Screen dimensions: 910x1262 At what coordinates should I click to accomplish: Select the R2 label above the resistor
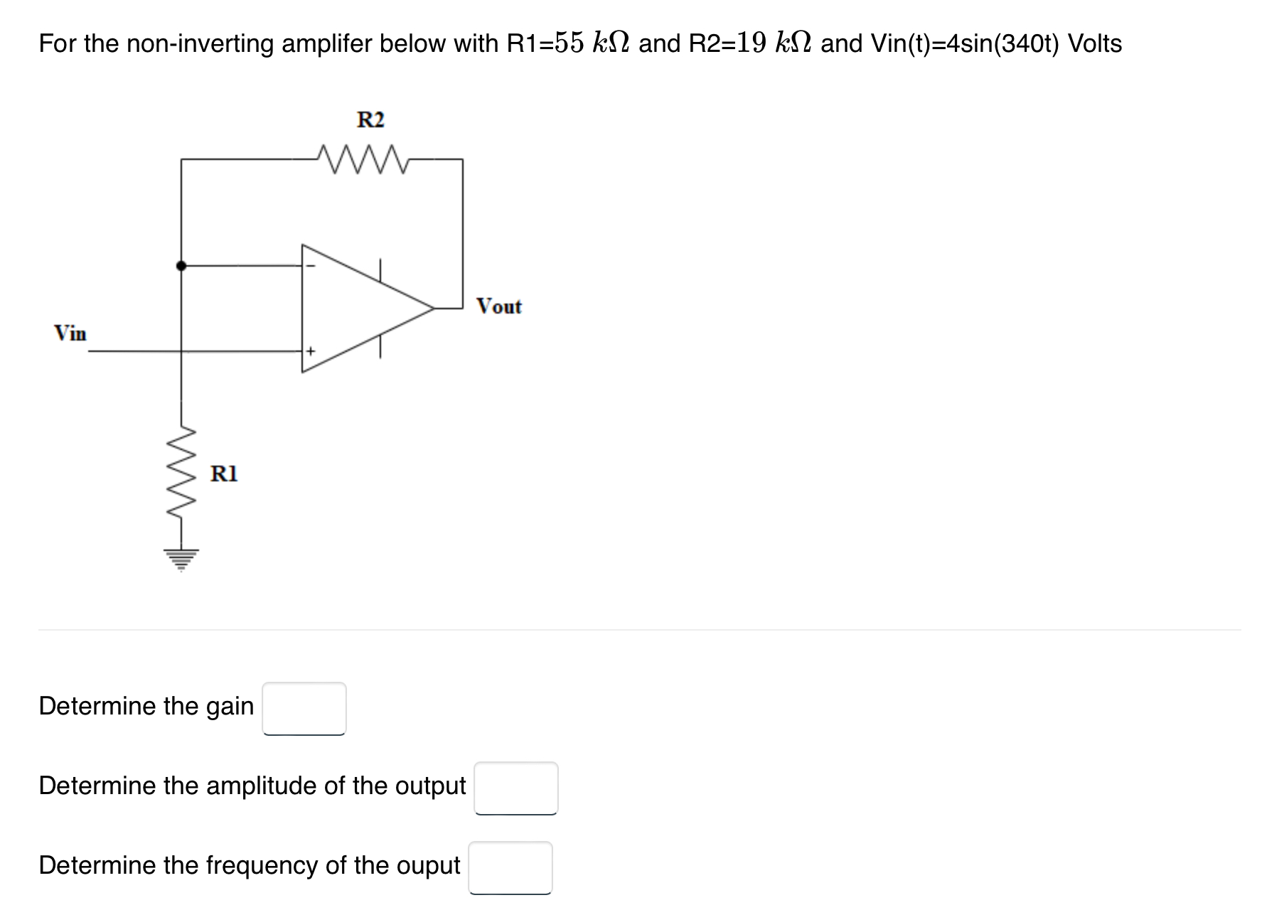coord(370,119)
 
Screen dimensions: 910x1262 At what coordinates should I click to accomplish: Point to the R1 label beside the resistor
coord(225,473)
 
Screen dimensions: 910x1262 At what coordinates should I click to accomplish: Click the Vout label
coord(499,306)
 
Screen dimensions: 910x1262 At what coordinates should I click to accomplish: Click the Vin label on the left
coord(70,333)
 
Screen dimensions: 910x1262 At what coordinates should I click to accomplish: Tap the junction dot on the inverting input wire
coord(181,265)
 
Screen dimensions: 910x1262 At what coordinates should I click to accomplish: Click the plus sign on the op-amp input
coord(310,351)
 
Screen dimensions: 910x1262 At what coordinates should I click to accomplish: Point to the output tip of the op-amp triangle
coord(432,309)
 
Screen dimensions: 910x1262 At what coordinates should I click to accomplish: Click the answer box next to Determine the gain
coord(304,708)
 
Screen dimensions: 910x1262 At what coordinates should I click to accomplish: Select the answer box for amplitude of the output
coord(516,788)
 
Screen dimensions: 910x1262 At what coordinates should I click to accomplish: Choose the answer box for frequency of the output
coord(510,867)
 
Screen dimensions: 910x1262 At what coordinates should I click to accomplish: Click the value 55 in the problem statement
coord(569,43)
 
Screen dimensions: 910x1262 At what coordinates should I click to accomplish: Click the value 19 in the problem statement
coord(752,43)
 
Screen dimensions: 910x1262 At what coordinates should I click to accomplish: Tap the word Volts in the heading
coord(1095,43)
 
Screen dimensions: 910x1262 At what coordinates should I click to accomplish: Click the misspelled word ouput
coord(424,865)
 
